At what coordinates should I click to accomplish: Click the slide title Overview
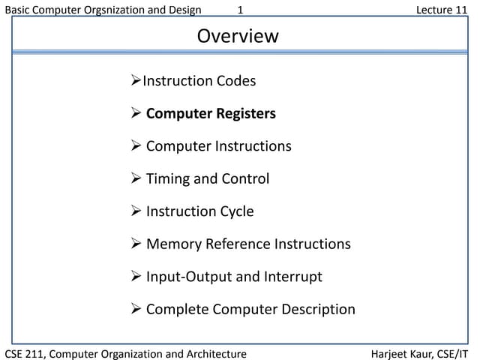(x=238, y=36)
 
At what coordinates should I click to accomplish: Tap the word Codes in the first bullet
(x=236, y=81)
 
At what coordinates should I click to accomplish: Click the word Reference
(x=238, y=244)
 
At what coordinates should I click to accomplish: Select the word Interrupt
(x=293, y=277)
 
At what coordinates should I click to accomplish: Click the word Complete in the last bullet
(x=178, y=310)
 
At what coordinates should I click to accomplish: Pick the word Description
(x=318, y=310)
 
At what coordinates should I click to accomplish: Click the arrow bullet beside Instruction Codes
(x=136, y=80)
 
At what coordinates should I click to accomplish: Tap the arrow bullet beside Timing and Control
(x=136, y=178)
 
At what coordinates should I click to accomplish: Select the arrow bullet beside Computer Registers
(x=136, y=112)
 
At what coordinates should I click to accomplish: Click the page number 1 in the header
(x=240, y=10)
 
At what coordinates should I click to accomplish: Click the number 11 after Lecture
(x=461, y=10)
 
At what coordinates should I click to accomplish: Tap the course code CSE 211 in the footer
(x=25, y=354)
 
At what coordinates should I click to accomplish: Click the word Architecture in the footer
(x=217, y=354)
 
